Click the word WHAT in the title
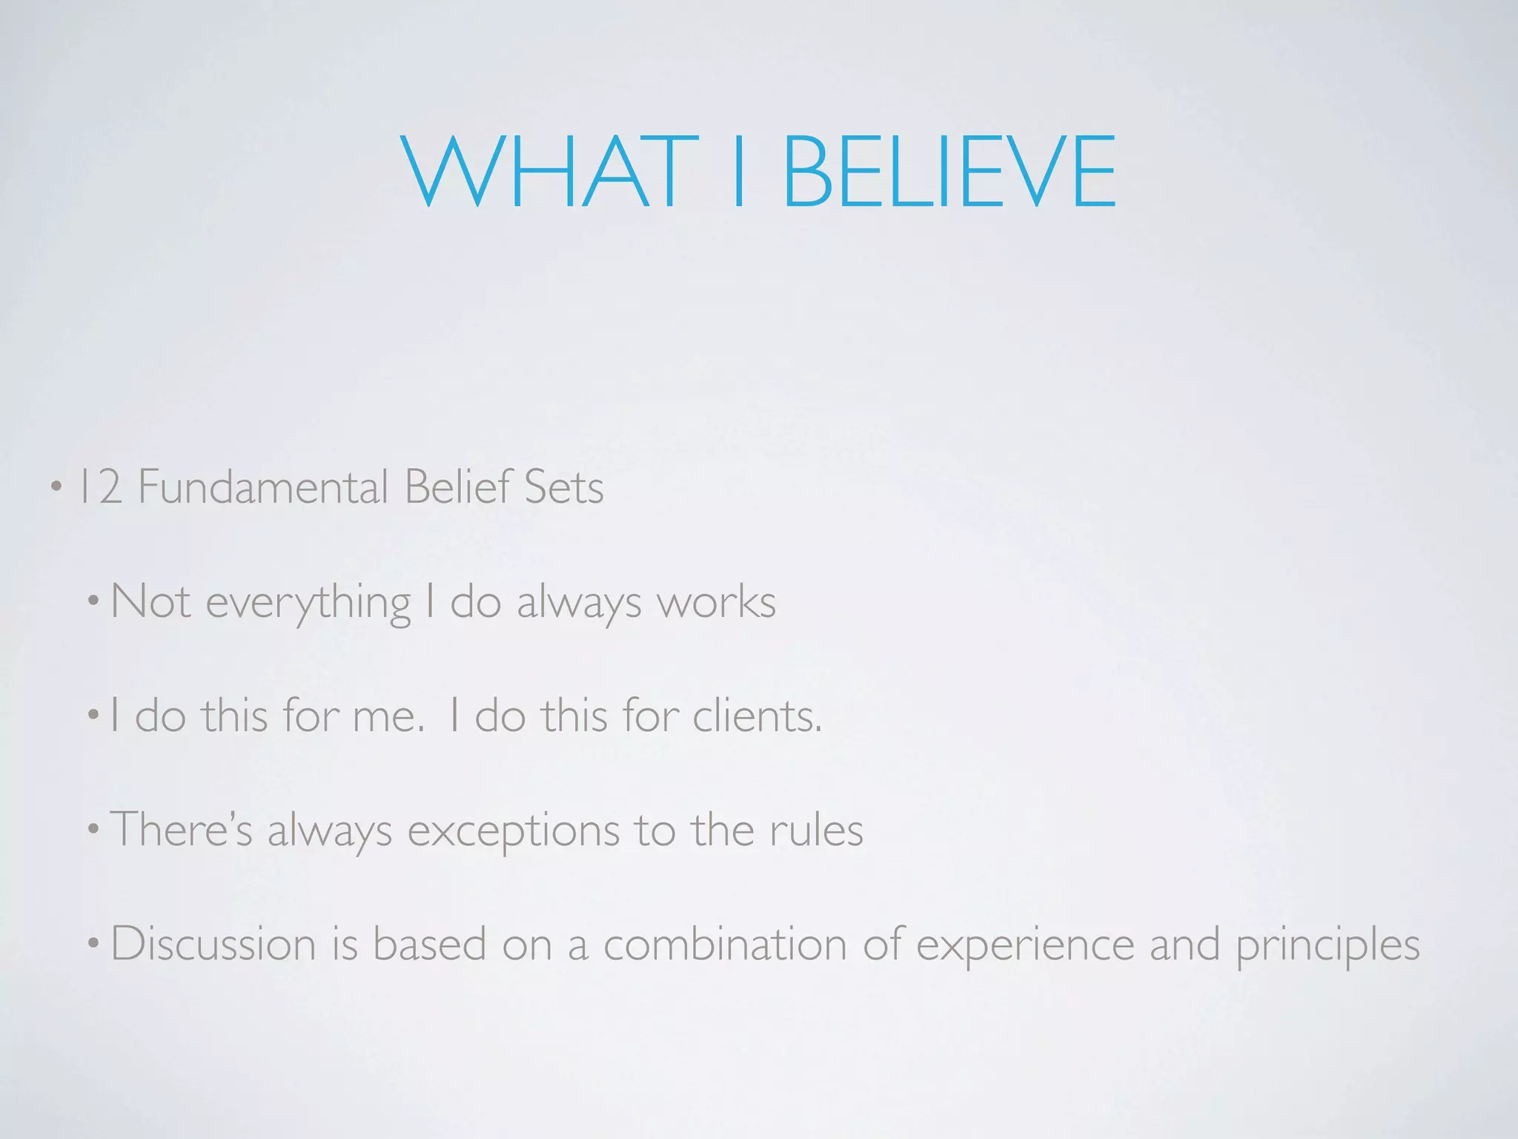(539, 172)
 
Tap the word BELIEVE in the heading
(949, 172)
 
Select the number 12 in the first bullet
(100, 487)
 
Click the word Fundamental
(263, 487)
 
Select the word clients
(757, 716)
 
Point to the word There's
(182, 829)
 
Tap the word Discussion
(213, 945)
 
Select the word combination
(725, 945)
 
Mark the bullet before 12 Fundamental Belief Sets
(56, 489)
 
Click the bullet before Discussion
(93, 945)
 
